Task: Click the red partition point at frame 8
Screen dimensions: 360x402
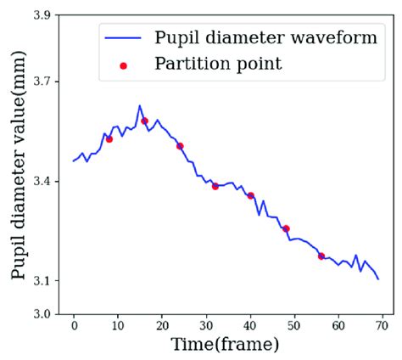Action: tap(109, 138)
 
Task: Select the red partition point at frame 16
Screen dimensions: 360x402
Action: tap(145, 121)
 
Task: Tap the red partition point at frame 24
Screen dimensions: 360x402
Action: tap(180, 146)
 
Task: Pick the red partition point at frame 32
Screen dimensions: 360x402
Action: tap(215, 186)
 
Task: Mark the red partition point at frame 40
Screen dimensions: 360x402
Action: tap(251, 195)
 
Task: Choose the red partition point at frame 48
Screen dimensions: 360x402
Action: tap(286, 228)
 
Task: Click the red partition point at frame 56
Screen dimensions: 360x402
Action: tap(321, 256)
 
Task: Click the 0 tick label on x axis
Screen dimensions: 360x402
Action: tap(74, 325)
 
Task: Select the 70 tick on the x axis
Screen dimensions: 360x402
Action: tap(382, 325)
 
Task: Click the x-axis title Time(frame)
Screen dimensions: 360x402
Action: tap(225, 345)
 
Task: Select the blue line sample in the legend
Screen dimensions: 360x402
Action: tap(123, 38)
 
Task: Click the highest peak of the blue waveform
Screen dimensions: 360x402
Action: tap(139, 105)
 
